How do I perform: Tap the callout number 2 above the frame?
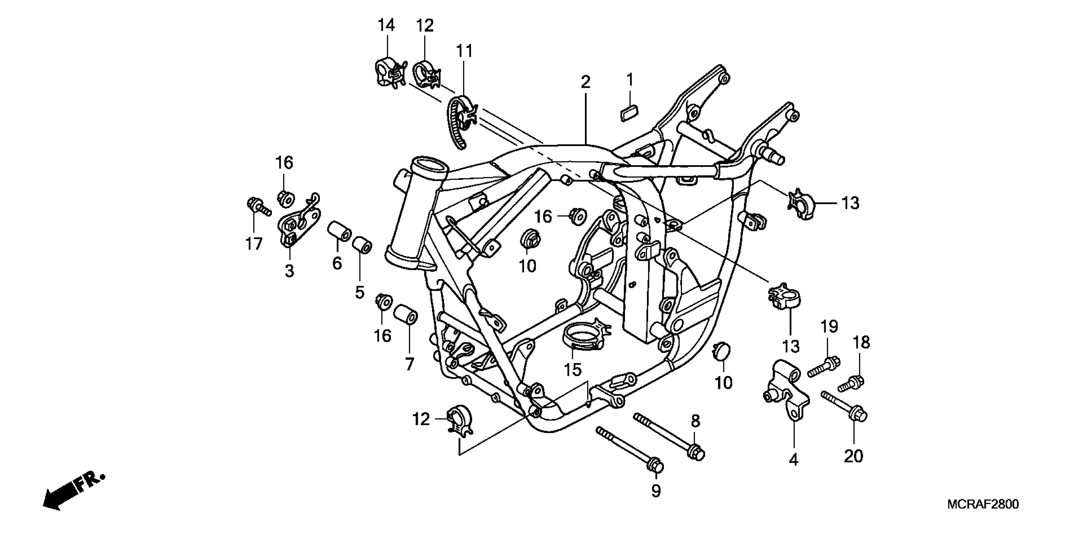click(x=586, y=82)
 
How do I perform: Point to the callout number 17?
click(x=254, y=244)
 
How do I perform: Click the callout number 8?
click(x=695, y=421)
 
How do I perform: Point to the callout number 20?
click(x=854, y=456)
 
